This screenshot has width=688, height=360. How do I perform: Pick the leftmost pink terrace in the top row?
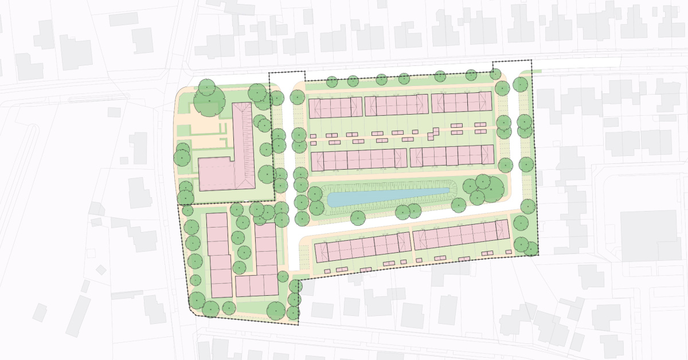tap(335, 107)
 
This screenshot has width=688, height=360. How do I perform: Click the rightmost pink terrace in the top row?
tap(462, 102)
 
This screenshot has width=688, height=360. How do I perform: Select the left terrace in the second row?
tap(359, 160)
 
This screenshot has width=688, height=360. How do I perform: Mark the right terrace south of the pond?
tap(461, 234)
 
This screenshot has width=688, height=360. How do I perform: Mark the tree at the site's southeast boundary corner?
tap(531, 249)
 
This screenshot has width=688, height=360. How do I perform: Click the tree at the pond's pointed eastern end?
tap(458, 205)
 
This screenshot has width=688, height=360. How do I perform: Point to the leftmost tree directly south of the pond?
tap(358, 218)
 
